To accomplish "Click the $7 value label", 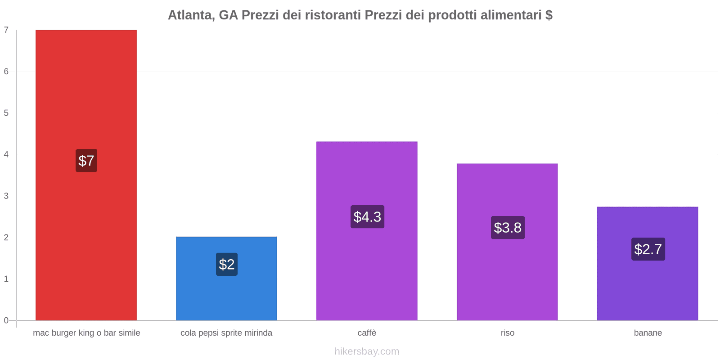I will (x=86, y=161).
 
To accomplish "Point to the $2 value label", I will (x=227, y=264).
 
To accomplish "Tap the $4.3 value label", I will (x=367, y=217).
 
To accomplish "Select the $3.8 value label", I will (x=508, y=228).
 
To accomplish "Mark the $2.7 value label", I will (x=648, y=249).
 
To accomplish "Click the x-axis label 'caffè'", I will (x=367, y=333).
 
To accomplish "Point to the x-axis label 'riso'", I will (x=508, y=333).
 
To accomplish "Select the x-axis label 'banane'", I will (x=648, y=333).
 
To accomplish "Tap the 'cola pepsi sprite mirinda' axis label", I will (x=226, y=333).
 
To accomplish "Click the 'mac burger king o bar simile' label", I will (x=86, y=333).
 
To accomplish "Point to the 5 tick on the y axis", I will (x=6, y=113).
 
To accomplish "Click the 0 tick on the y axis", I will (x=6, y=320).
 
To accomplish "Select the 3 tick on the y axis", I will (x=6, y=196).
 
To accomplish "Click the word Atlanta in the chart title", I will (x=191, y=15).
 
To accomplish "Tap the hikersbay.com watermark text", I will (x=367, y=351).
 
